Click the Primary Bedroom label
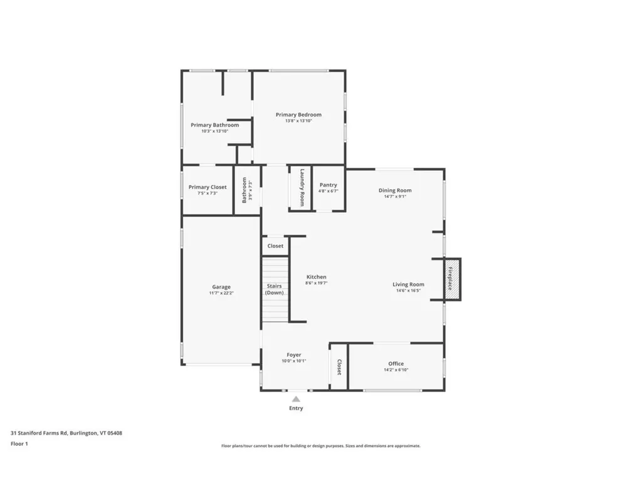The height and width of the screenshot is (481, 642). [298, 115]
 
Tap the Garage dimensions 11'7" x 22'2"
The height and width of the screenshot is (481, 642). [220, 293]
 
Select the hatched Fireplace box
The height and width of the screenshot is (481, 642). [451, 279]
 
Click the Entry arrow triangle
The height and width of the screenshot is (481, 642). [296, 398]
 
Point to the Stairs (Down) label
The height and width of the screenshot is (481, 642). [274, 289]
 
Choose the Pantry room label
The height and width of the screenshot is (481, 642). [328, 185]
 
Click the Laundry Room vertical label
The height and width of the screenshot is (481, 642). [302, 187]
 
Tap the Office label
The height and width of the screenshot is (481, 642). [396, 363]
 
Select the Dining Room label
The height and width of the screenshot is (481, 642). [395, 190]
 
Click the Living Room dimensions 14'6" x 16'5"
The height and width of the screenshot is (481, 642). [408, 291]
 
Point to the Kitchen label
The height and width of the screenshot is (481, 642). [316, 277]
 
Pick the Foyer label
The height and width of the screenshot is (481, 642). [293, 354]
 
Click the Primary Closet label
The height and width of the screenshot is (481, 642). [208, 187]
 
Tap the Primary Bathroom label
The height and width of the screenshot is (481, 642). [214, 125]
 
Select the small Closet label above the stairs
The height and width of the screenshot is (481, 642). [275, 246]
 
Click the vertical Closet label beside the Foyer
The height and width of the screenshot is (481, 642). [339, 367]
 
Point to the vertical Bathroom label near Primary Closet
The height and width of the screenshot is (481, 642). [245, 190]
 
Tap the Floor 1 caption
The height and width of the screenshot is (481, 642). [19, 443]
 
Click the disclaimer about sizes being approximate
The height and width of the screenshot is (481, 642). [320, 446]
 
